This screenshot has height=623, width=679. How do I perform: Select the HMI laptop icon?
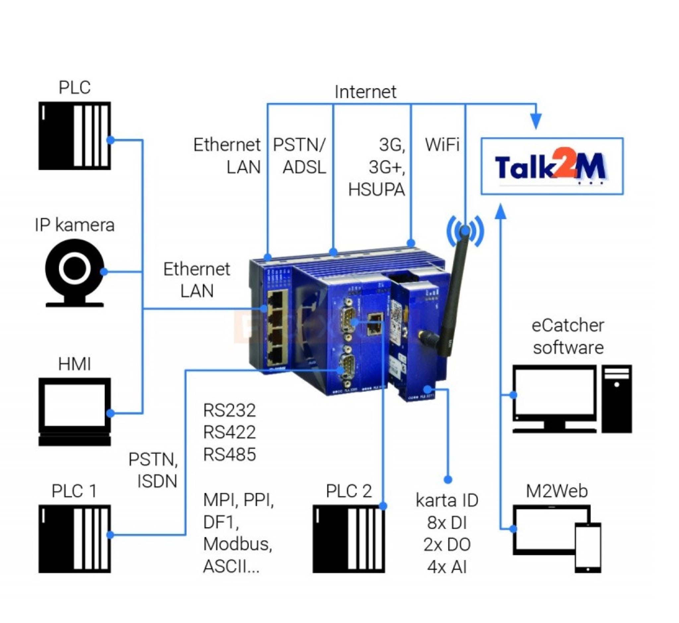pyautogui.click(x=75, y=412)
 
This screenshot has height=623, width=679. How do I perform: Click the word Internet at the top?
pyautogui.click(x=365, y=92)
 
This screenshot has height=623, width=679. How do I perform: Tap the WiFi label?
pyautogui.click(x=442, y=145)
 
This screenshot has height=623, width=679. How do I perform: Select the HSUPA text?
pyautogui.click(x=376, y=190)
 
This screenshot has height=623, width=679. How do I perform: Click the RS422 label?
pyautogui.click(x=229, y=432)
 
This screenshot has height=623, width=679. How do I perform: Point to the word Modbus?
pyautogui.click(x=237, y=544)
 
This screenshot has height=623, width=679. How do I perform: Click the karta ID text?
pyautogui.click(x=447, y=500)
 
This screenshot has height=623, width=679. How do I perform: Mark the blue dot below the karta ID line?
pyautogui.click(x=448, y=479)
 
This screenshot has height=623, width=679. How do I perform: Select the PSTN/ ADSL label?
pyautogui.click(x=299, y=156)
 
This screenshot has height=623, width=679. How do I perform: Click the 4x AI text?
pyautogui.click(x=447, y=567)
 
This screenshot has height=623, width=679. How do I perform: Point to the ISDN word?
pyautogui.click(x=157, y=481)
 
